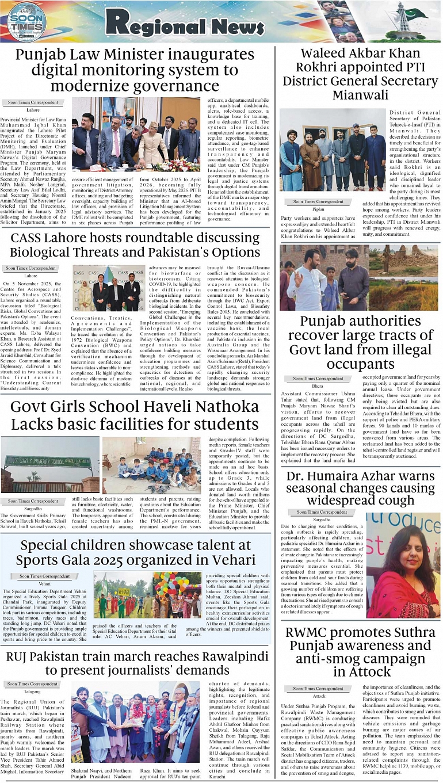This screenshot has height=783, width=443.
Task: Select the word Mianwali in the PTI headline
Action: [360, 94]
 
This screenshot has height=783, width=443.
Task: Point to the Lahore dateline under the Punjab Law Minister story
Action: [33, 109]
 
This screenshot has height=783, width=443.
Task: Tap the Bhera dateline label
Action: [318, 386]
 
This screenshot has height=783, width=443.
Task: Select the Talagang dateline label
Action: [33, 692]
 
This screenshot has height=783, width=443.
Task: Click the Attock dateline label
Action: [318, 696]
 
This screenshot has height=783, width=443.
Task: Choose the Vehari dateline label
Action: [44, 583]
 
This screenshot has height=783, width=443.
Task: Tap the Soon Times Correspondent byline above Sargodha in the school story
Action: [33, 501]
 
